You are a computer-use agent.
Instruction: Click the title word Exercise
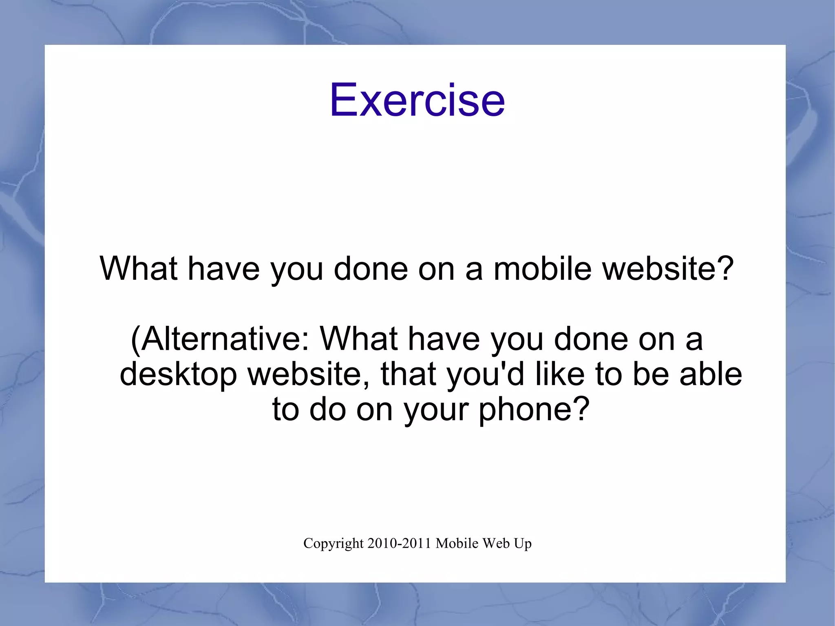coord(417,100)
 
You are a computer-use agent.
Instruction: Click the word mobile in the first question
coord(542,269)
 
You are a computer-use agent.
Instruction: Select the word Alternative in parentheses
coord(220,339)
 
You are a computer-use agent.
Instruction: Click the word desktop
coord(178,374)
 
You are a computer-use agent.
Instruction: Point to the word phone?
coord(534,409)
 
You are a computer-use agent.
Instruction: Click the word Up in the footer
coord(523,544)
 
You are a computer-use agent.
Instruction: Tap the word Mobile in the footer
coord(457,544)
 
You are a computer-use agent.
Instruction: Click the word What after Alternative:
coord(359,339)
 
